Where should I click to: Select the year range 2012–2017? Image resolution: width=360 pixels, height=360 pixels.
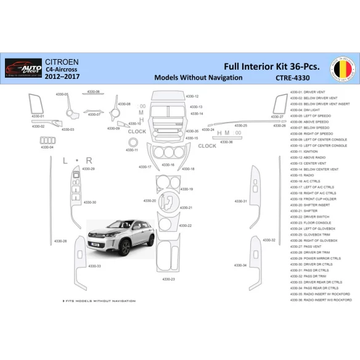(x=62, y=80)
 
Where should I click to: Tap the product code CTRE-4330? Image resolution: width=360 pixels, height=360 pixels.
(x=293, y=78)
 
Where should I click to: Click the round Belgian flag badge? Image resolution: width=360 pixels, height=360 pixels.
(x=343, y=69)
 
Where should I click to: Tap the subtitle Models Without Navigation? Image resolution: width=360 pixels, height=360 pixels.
(x=198, y=78)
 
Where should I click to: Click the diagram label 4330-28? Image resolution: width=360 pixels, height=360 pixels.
(x=60, y=241)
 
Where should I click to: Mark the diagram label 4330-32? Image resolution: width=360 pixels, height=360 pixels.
(x=269, y=239)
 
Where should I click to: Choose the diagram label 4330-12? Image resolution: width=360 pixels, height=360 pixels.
(x=192, y=97)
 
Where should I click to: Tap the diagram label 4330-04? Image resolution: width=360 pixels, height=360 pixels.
(x=47, y=147)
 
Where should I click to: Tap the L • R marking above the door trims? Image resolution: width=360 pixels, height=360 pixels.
(x=78, y=160)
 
